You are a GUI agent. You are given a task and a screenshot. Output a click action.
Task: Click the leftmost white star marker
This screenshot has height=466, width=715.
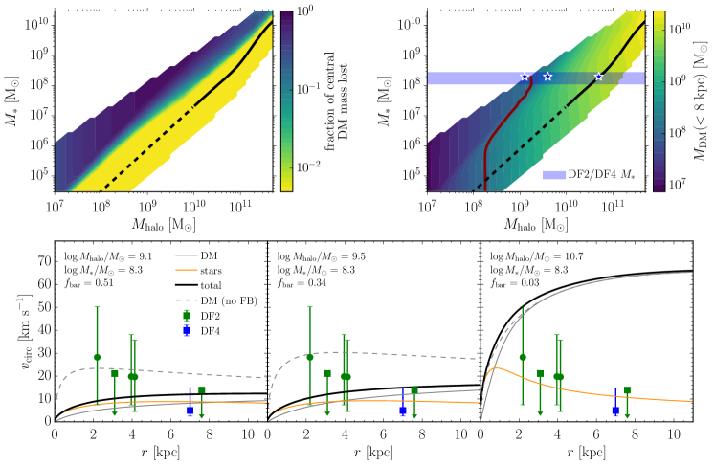[525, 77]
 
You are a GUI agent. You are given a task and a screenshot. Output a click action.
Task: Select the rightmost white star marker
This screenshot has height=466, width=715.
[599, 77]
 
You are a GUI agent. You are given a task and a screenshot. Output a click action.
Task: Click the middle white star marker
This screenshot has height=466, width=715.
[547, 77]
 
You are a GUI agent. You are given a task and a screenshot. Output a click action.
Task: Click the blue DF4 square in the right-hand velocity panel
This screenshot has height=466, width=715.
[615, 410]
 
